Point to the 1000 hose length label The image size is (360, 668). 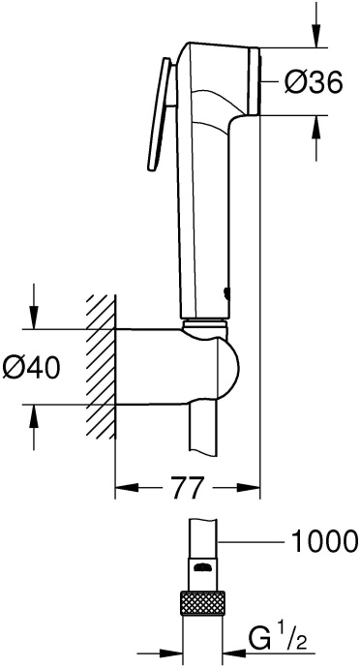click(x=322, y=540)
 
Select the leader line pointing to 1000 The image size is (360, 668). click(x=250, y=540)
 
